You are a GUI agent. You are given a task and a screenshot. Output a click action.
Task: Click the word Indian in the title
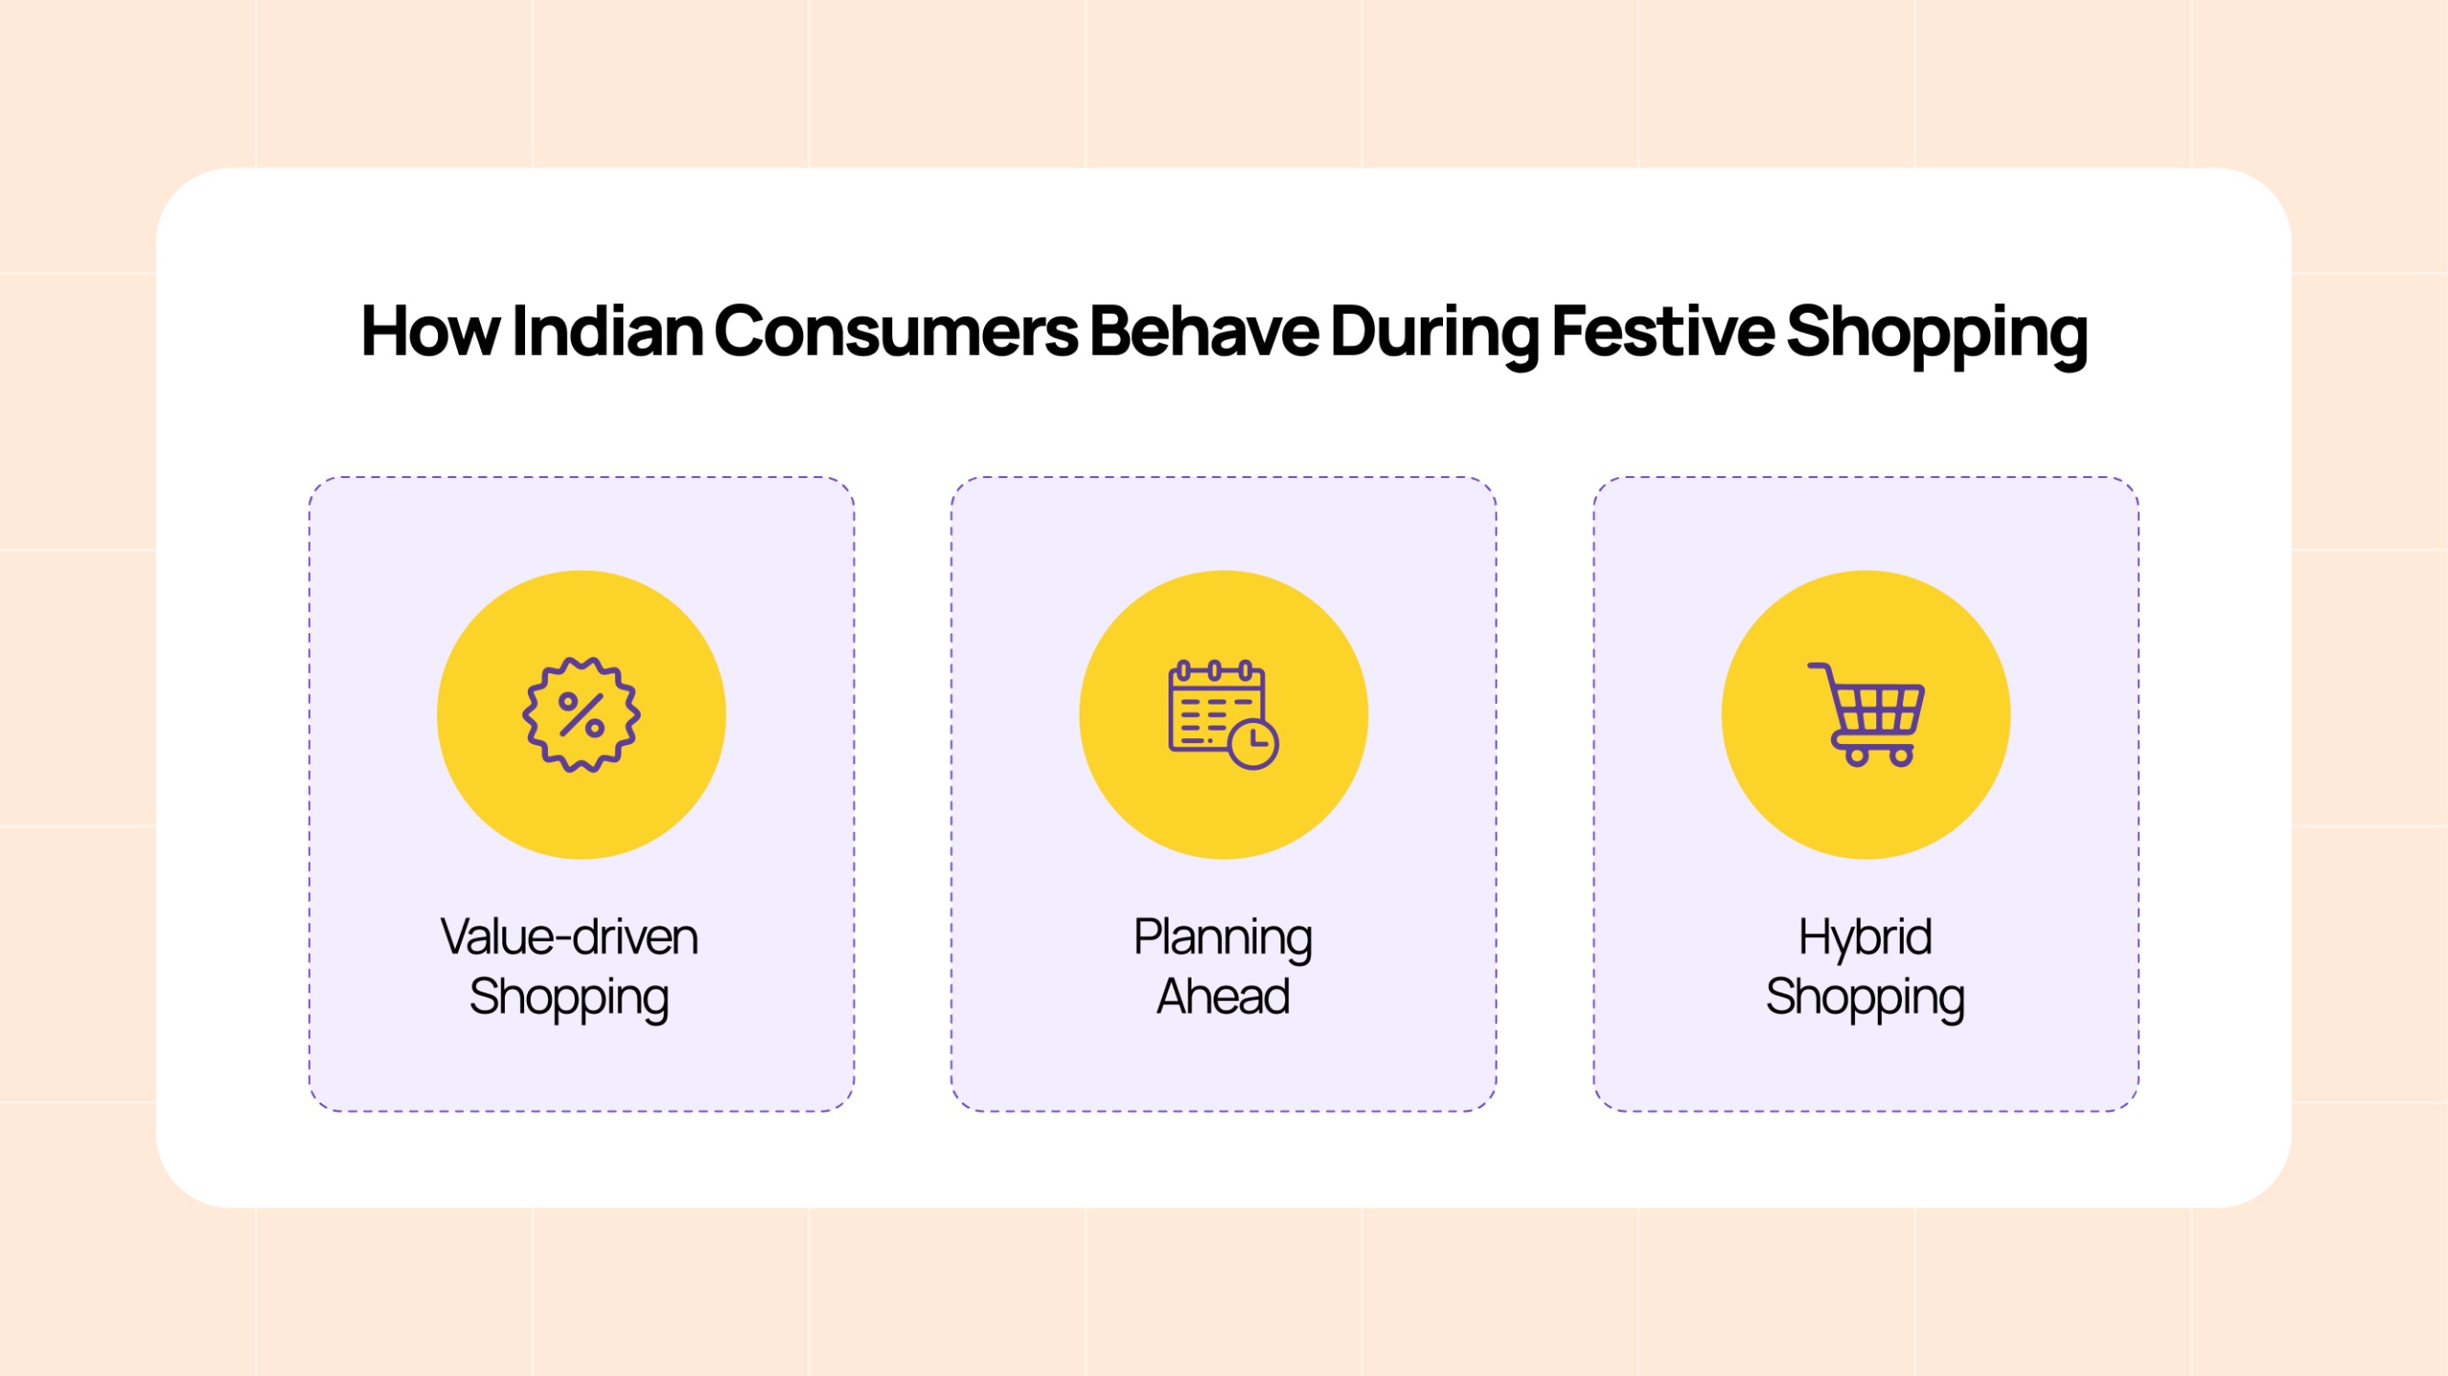point(607,332)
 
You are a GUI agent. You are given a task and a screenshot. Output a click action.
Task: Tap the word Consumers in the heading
point(896,332)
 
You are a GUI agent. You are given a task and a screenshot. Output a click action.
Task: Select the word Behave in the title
point(1204,332)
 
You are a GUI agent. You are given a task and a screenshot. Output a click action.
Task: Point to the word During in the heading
point(1434,332)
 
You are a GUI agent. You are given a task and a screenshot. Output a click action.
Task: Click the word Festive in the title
point(1663,332)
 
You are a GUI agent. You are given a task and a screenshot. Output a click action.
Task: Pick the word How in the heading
point(429,332)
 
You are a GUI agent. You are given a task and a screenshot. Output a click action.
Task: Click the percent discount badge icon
point(581,714)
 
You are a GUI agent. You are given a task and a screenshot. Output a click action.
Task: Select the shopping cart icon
point(1866,714)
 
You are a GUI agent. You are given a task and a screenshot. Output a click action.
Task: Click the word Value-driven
point(569,937)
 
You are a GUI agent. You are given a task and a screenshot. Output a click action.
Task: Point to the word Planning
point(1223,937)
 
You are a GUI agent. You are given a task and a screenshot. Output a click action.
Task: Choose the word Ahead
point(1223,996)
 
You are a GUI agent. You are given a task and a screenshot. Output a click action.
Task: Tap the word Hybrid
point(1865,937)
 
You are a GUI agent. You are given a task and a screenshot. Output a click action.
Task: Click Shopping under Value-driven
point(569,996)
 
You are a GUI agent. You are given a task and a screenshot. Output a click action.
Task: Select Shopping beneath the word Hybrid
point(1865,996)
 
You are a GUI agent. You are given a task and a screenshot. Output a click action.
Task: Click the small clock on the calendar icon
point(1253,745)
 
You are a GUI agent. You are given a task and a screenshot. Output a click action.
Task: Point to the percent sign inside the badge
point(581,714)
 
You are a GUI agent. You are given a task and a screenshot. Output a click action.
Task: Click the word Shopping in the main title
point(1936,332)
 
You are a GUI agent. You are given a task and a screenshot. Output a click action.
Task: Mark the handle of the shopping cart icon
point(1817,667)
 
